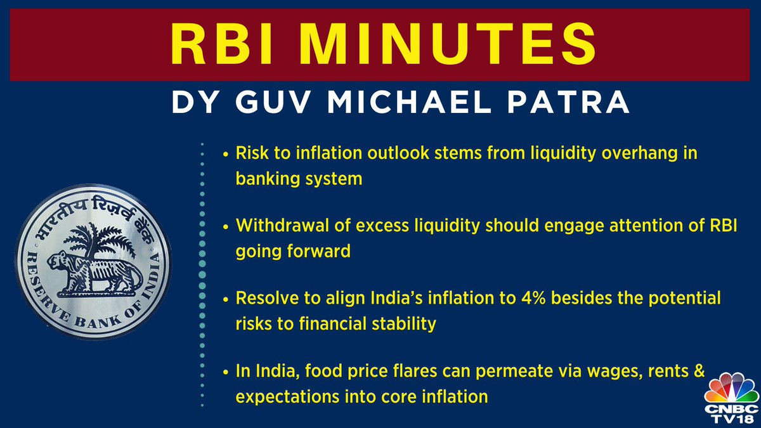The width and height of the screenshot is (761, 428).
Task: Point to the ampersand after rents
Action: point(699,371)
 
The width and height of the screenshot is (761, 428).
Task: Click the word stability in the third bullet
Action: point(405,323)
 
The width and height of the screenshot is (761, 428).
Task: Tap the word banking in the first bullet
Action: point(261,179)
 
